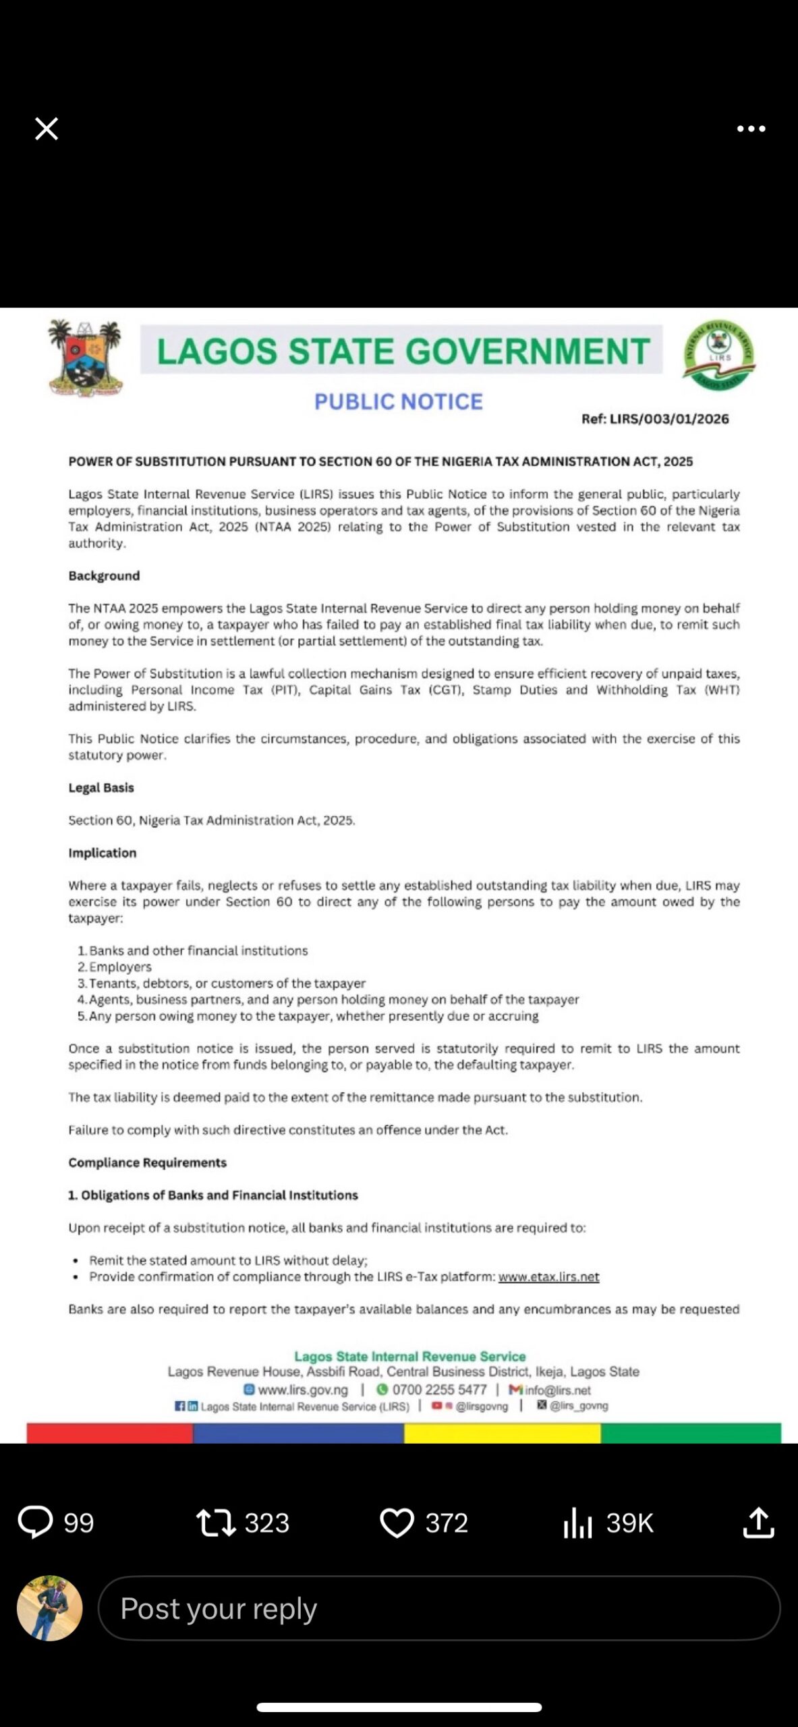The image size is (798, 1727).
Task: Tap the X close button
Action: pos(47,128)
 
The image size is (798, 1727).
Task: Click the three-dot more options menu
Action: pos(751,129)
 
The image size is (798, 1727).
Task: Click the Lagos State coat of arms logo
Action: pos(86,357)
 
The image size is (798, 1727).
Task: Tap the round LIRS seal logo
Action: pos(718,355)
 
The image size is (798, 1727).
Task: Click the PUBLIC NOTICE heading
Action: pos(398,402)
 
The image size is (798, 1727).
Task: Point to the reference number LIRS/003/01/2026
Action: pos(655,419)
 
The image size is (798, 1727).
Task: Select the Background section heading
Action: pos(104,576)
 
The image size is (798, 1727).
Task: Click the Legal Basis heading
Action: pos(101,788)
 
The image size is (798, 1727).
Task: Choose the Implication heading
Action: pos(102,853)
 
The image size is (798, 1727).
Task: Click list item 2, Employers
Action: pos(120,967)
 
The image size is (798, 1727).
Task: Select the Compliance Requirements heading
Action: pos(147,1163)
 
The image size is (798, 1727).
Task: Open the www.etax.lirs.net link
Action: pos(548,1277)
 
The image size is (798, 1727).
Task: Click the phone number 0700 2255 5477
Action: pos(438,1390)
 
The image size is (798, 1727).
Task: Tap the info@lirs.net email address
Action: pos(557,1390)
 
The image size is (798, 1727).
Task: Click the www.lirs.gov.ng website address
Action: pos(303,1390)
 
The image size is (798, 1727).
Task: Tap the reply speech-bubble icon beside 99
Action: pos(35,1523)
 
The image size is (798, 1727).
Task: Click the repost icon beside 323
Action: pos(215,1523)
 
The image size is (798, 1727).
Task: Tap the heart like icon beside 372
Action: pos(397,1523)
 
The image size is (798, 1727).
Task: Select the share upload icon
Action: pos(758,1523)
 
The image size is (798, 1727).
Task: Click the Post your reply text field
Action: pos(438,1608)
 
